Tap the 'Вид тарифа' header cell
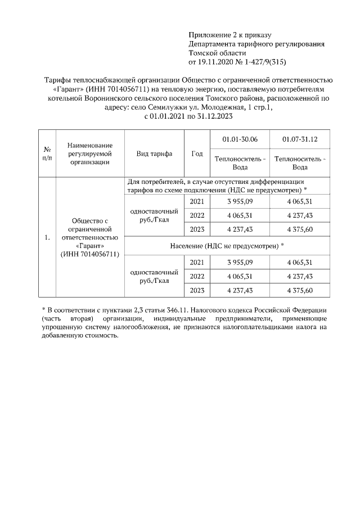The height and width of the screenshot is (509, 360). click(154, 154)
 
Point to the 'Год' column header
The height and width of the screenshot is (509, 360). click(197, 154)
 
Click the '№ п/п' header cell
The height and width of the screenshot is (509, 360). click(47, 154)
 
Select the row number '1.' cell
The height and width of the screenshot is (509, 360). click(47, 237)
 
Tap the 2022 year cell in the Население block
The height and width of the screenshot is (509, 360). click(197, 276)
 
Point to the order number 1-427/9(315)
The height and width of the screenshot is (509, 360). click(265, 61)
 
